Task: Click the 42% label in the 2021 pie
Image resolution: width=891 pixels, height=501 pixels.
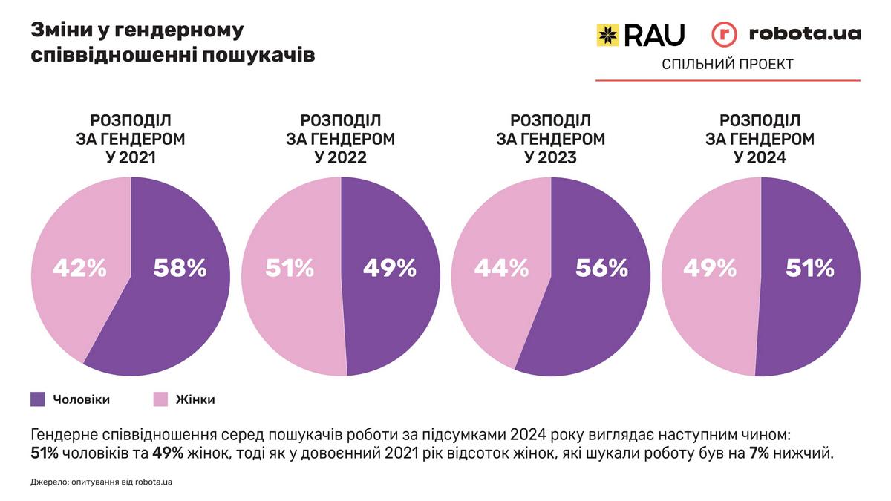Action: [x=79, y=268]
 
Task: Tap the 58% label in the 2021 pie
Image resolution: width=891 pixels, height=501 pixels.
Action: [x=180, y=268]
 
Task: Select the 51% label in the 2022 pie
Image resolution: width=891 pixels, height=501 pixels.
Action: [x=290, y=268]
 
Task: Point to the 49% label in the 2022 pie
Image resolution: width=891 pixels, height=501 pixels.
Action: [x=390, y=268]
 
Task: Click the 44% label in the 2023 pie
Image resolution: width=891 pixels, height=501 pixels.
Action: [x=500, y=268]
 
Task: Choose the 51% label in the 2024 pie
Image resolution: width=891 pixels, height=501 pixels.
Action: [x=810, y=268]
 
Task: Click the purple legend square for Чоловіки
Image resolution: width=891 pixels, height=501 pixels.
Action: [x=38, y=399]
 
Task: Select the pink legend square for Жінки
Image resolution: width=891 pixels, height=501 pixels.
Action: [x=160, y=399]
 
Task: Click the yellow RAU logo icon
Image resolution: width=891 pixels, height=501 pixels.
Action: [x=607, y=35]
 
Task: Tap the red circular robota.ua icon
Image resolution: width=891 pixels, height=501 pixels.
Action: [x=724, y=35]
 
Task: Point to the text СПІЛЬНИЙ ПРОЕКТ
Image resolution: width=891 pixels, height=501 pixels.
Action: [x=728, y=65]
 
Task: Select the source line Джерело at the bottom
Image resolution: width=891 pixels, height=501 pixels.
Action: [x=102, y=482]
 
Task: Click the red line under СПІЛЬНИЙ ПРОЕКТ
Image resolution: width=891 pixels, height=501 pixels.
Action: [x=728, y=80]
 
